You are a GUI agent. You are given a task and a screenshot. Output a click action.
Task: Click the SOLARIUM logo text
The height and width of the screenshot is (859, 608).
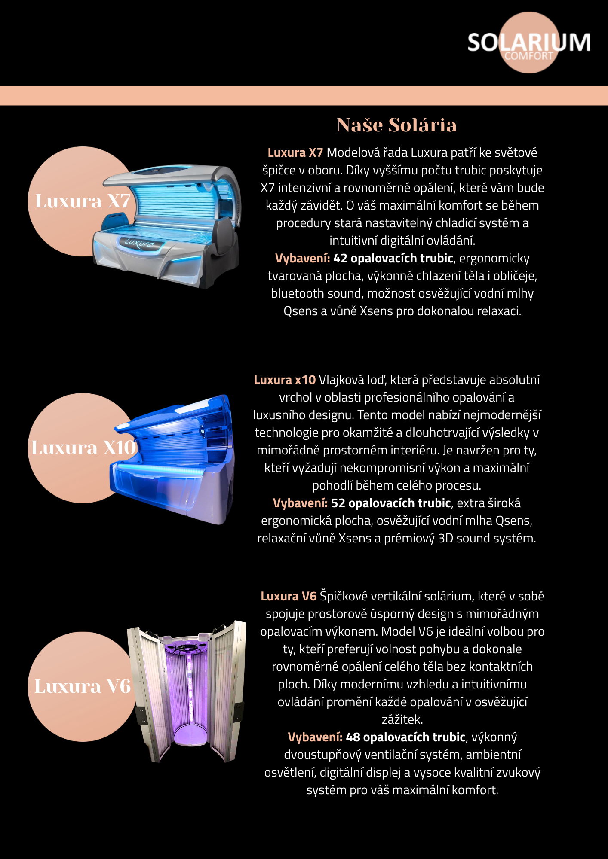[529, 42]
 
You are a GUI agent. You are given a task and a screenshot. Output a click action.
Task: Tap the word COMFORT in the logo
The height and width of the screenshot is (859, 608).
[529, 56]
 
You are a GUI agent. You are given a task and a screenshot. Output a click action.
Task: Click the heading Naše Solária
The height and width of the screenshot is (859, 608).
[396, 125]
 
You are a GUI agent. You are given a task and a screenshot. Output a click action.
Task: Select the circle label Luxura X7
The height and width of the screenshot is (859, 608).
[83, 201]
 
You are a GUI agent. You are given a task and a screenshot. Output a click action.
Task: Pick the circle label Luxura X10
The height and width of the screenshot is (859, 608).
[83, 448]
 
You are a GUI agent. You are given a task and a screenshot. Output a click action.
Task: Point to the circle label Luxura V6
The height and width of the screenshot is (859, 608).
[83, 686]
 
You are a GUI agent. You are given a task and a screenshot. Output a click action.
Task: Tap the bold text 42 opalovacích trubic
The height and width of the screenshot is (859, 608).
[393, 258]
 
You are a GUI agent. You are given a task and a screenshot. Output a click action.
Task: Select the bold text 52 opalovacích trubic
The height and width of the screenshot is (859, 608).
[391, 503]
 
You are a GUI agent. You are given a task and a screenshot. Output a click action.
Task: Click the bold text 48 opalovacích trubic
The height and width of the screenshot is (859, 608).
[405, 737]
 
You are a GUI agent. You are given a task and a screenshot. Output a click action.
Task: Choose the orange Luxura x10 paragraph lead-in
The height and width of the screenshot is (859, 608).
[285, 380]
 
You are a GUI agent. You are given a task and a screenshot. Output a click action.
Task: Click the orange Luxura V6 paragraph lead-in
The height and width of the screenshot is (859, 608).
[289, 596]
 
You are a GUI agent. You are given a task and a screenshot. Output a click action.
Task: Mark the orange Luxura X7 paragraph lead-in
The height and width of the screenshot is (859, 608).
[295, 152]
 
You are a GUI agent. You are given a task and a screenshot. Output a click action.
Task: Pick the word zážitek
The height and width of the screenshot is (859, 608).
[402, 719]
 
